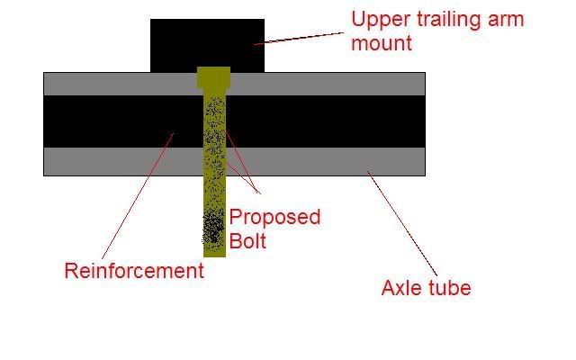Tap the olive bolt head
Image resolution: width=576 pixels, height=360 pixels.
214,77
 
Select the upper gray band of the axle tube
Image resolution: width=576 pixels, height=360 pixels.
234,84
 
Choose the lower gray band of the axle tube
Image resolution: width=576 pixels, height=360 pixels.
234,162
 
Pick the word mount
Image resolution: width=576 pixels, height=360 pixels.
382,43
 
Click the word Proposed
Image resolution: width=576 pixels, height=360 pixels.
274,218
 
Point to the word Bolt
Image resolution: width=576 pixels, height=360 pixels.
248,241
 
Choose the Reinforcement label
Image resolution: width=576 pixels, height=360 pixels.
134,271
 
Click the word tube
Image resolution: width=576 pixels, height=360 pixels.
447,287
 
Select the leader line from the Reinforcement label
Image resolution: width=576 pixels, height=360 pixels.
138,196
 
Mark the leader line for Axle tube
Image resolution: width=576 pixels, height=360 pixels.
402,223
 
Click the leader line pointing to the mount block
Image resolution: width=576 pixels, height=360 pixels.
298,38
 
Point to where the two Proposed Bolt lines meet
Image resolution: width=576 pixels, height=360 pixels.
260,193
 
